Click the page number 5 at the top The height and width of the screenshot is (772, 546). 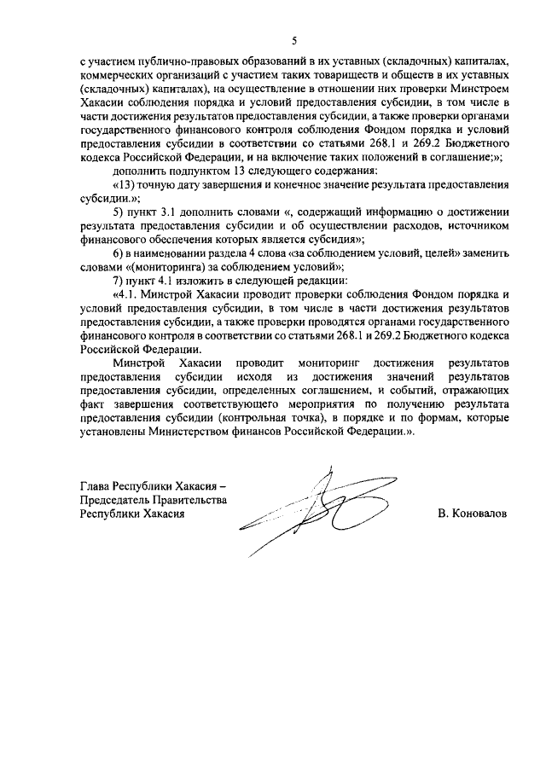click(x=294, y=40)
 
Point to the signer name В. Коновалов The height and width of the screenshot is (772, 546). click(x=470, y=515)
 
